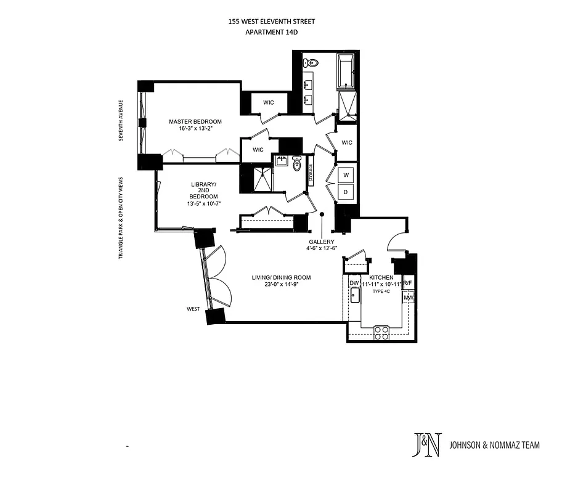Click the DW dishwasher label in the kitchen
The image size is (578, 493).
click(x=354, y=283)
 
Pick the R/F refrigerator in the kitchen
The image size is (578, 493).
click(x=408, y=283)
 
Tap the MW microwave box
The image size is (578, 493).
click(x=408, y=298)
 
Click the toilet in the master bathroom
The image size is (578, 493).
click(x=311, y=62)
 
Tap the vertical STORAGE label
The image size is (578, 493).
click(x=311, y=173)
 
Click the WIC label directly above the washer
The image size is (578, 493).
click(x=347, y=143)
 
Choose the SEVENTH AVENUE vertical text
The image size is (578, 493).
click(x=122, y=120)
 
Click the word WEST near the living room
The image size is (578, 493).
click(x=194, y=309)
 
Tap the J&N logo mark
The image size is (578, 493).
click(x=426, y=445)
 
